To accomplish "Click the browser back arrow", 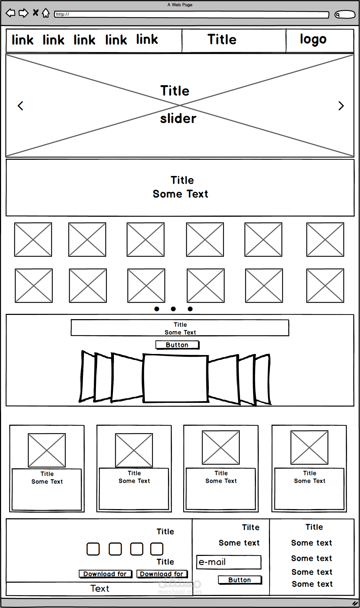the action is (11, 13).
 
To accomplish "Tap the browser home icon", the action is (46, 13).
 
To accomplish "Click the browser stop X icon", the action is (36, 13).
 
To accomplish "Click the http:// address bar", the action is (192, 14).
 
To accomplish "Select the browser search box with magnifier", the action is (345, 14).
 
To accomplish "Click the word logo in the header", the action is (313, 39).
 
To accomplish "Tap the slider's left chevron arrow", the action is (20, 106).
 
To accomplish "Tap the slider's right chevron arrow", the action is (341, 106).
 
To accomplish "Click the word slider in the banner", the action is (178, 119).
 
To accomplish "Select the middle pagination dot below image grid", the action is (173, 309).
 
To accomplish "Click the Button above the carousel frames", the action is (178, 345).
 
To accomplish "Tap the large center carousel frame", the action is (175, 379).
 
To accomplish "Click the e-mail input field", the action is (229, 562).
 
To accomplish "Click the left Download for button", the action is (105, 574).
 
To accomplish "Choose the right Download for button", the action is (162, 574).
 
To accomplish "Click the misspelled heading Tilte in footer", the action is (251, 527).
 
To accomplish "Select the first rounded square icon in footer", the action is (93, 549).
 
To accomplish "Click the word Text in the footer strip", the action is (100, 589).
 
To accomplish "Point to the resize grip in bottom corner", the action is (355, 603).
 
